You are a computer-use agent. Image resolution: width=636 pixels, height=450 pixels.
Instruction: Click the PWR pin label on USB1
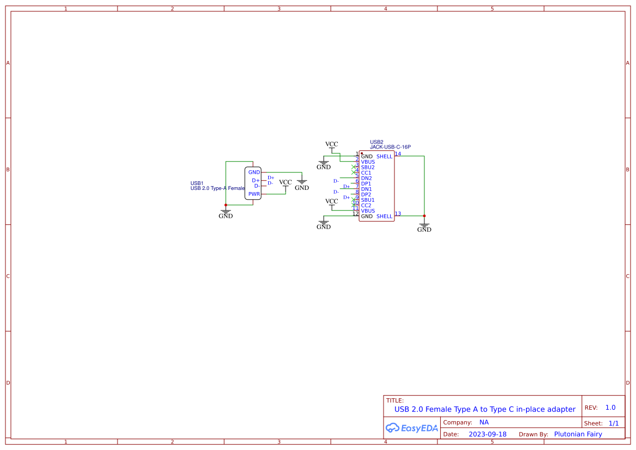click(254, 194)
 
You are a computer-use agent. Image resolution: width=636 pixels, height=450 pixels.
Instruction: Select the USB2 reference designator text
click(376, 142)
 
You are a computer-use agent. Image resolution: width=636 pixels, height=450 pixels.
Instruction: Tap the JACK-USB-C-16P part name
click(390, 147)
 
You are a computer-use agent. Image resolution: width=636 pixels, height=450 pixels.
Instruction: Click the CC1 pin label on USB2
click(366, 173)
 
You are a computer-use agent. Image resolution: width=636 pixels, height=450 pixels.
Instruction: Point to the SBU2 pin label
click(368, 168)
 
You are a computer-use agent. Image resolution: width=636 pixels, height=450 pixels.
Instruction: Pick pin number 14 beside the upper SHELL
click(398, 154)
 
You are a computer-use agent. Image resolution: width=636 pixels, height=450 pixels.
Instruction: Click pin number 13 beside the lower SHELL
click(398, 214)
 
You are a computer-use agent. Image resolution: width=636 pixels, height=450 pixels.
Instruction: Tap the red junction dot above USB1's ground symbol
click(226, 205)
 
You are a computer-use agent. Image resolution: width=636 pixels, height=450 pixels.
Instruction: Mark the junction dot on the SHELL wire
click(424, 216)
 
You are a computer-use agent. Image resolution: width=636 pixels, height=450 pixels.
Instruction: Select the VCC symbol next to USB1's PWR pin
click(285, 184)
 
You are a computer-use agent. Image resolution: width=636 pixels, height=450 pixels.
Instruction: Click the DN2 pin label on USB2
click(366, 178)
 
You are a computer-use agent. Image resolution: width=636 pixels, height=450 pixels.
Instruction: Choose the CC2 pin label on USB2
click(366, 206)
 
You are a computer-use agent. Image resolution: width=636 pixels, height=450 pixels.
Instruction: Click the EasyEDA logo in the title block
click(412, 428)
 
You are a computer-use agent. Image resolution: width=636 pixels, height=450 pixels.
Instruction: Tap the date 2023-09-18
click(487, 434)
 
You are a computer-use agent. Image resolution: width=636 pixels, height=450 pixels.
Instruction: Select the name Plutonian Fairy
click(578, 434)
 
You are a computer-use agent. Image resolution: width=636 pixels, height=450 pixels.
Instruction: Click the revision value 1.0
click(610, 408)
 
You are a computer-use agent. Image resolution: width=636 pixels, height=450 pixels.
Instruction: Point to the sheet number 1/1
click(613, 423)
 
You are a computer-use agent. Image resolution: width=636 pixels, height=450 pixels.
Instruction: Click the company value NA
click(484, 422)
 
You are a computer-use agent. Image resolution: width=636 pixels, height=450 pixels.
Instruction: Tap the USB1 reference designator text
click(197, 183)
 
